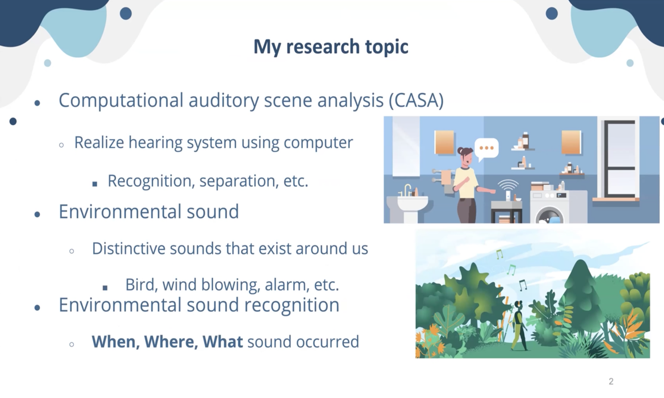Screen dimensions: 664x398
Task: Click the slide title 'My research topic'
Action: pos(331,47)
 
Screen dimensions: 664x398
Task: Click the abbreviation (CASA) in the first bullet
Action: pos(416,100)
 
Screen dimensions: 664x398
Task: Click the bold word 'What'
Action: pos(223,341)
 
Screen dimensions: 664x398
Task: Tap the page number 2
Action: pos(611,381)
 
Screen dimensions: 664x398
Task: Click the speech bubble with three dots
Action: pos(486,149)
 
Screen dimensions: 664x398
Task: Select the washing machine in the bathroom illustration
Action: pos(550,207)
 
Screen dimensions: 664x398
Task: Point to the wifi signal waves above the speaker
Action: pos(508,185)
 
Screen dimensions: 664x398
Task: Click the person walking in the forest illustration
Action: pos(519,325)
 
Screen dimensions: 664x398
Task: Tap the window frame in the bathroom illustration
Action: pos(619,159)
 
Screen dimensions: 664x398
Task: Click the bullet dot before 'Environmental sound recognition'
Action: pos(37,308)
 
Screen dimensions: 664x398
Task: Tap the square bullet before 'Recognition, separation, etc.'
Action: pos(95,184)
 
